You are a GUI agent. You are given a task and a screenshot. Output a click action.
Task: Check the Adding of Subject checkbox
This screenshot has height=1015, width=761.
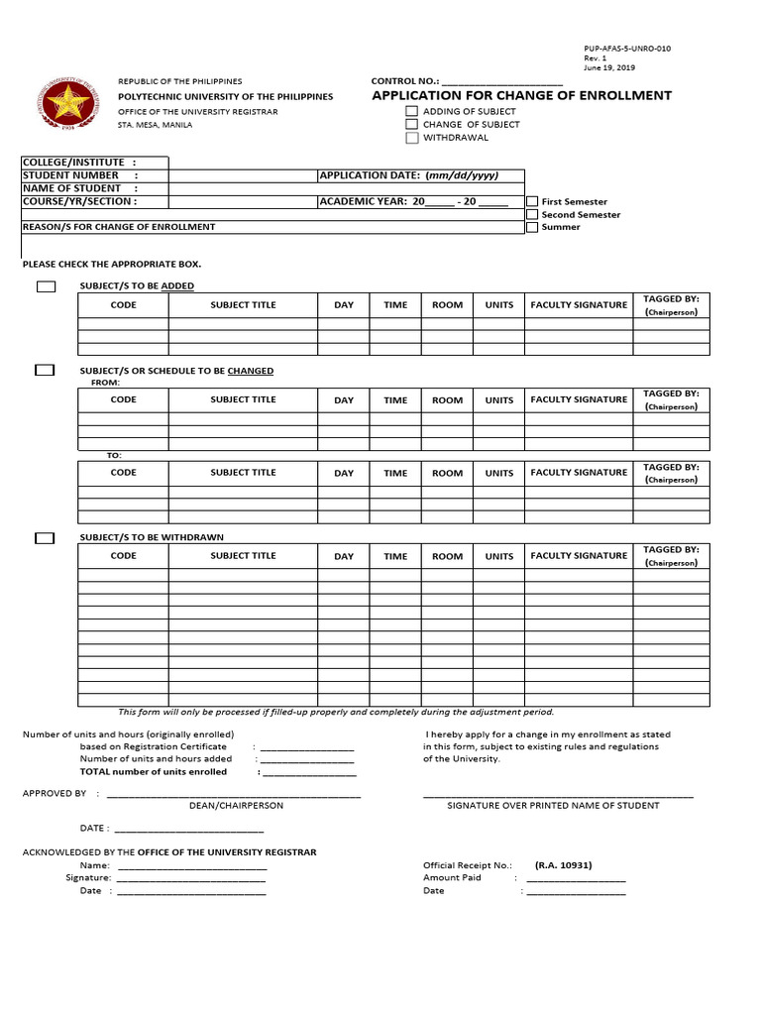411,112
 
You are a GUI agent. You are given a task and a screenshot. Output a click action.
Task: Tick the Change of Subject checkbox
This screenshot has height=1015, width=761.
411,125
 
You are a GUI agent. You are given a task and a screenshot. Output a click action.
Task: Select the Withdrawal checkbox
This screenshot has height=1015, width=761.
411,138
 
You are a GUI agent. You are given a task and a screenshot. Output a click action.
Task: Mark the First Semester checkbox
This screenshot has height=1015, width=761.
532,201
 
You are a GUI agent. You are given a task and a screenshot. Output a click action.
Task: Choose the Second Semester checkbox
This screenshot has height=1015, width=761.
532,214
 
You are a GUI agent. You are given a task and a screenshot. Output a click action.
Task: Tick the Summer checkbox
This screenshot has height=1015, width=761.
532,227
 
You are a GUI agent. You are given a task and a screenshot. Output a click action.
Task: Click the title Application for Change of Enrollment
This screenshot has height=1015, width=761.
521,96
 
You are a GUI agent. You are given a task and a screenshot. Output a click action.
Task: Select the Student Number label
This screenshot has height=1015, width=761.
70,175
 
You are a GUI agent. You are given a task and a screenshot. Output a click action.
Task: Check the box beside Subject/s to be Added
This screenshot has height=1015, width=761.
46,286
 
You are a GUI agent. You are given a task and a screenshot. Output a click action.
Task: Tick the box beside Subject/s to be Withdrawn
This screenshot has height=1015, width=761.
45,538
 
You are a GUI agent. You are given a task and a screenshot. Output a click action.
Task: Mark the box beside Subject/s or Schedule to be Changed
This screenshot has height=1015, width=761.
45,371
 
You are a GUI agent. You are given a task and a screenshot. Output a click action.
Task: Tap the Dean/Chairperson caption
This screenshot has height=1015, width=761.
236,806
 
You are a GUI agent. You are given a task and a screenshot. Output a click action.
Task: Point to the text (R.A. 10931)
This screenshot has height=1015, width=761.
563,864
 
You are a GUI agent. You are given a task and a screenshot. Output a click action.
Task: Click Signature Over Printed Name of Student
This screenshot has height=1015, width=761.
553,806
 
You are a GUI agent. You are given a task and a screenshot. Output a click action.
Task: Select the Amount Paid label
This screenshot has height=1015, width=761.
452,877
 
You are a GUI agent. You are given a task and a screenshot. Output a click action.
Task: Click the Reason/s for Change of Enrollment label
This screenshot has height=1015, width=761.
119,227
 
